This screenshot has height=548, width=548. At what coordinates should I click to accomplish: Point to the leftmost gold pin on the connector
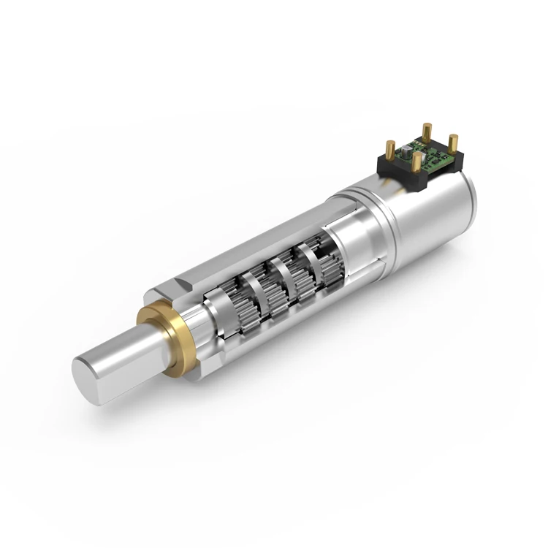click(x=390, y=151)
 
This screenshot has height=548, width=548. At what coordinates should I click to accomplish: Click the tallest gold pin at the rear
click(x=427, y=133)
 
